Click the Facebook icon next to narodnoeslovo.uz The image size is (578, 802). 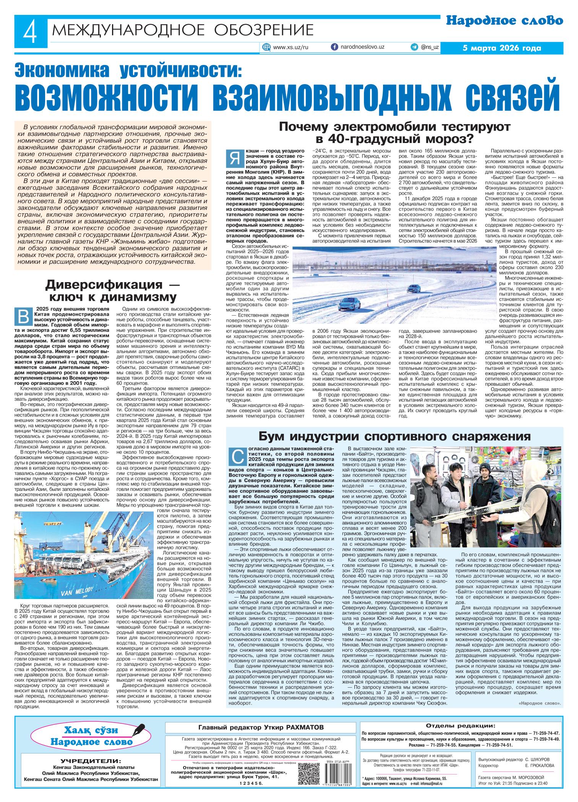(x=334, y=47)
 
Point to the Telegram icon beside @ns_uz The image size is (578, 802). (x=414, y=47)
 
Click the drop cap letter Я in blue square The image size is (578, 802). (x=233, y=158)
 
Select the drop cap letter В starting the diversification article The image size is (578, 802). (x=23, y=316)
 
